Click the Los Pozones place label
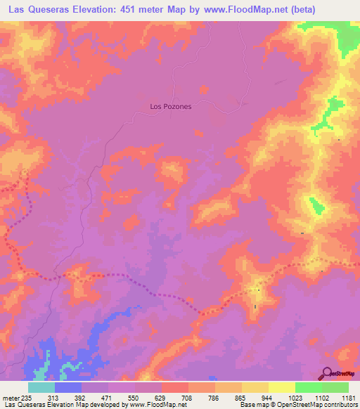(171, 107)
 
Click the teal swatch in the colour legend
(41, 387)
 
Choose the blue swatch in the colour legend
(68, 387)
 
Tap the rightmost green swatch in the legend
(335, 387)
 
